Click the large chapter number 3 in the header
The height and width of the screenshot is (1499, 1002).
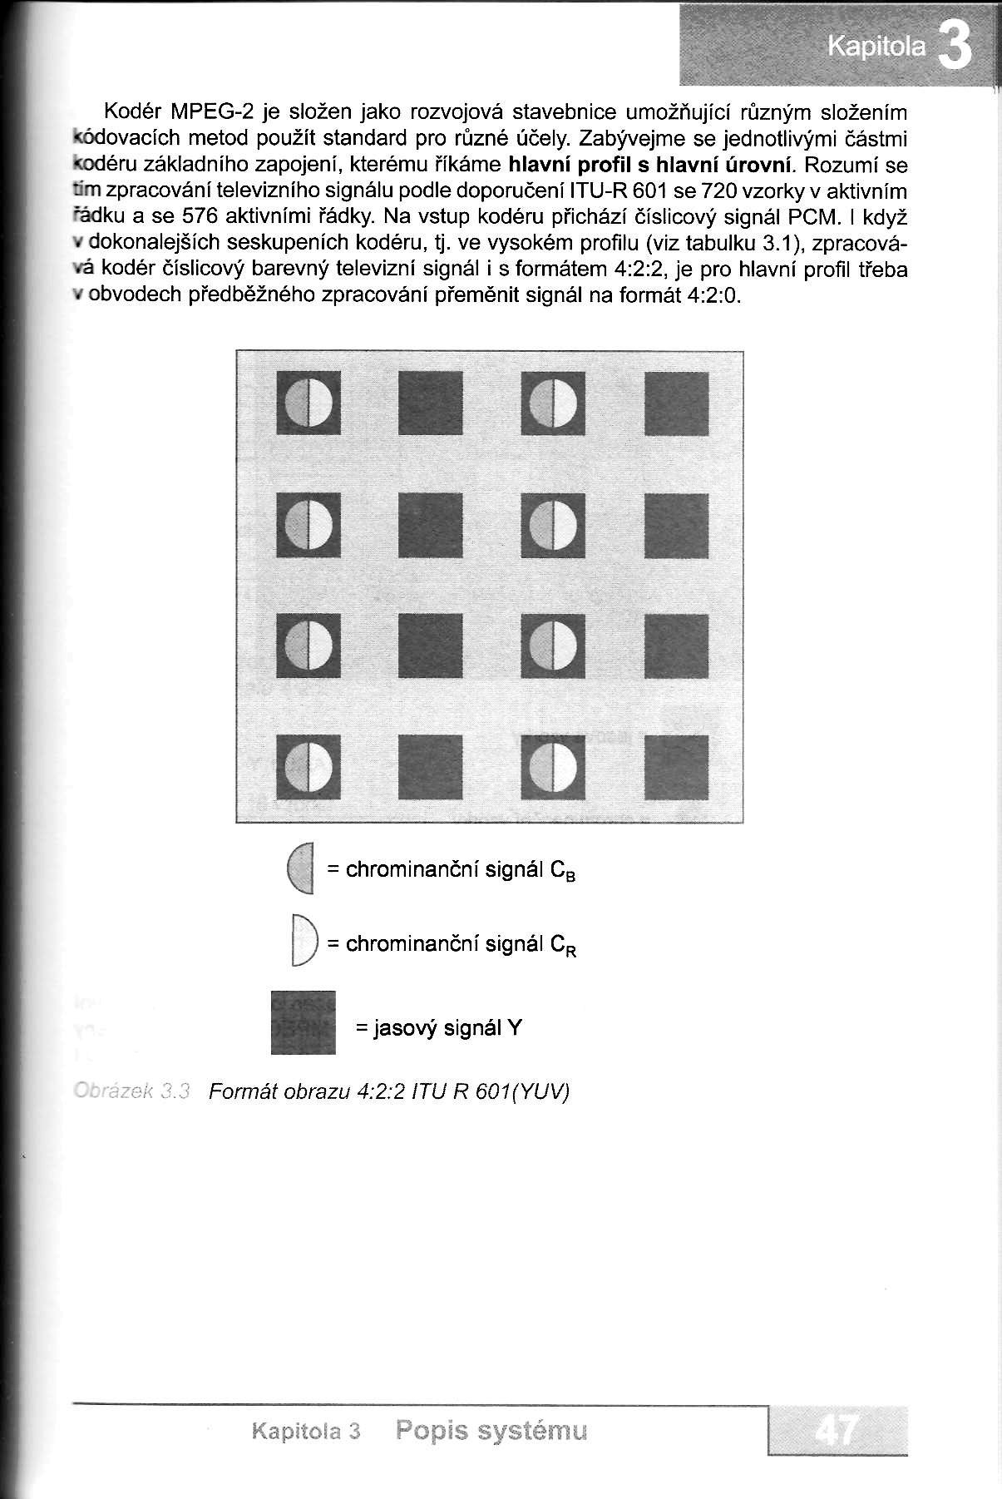coord(955,49)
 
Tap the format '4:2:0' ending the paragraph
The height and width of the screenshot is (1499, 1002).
coord(713,297)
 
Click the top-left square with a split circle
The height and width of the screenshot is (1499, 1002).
coord(308,403)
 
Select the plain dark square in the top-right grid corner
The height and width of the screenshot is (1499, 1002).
coord(677,403)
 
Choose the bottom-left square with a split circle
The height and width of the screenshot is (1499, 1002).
coord(308,764)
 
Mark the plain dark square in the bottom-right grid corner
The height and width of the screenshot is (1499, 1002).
coord(677,764)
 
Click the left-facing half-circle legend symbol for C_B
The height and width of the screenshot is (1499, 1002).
coord(300,869)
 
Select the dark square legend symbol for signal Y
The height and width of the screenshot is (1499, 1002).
coord(304,1022)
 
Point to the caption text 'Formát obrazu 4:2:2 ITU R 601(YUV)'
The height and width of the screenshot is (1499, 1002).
coord(388,1091)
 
